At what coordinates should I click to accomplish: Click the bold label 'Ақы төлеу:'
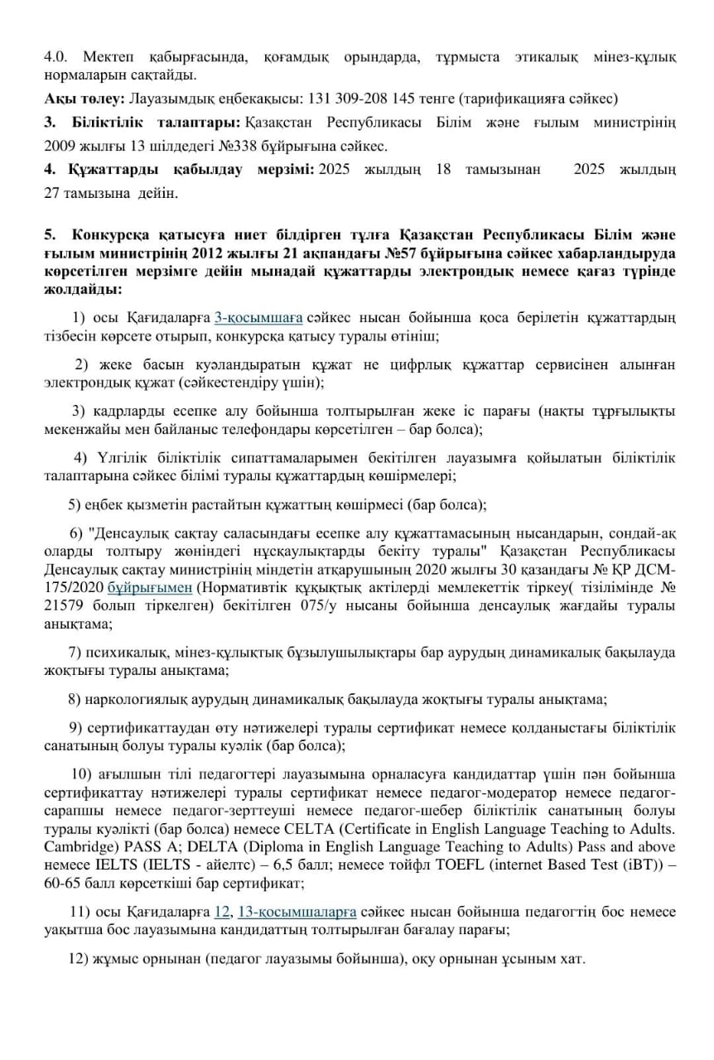tap(84, 99)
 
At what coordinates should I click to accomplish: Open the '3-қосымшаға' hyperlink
tap(259, 317)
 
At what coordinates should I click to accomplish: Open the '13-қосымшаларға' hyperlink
tap(297, 912)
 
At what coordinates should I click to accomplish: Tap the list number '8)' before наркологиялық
tap(75, 700)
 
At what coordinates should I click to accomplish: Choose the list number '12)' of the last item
tap(78, 960)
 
